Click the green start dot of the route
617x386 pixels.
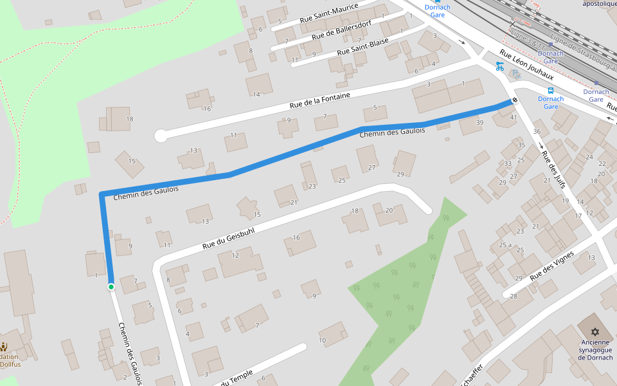click(x=111, y=287)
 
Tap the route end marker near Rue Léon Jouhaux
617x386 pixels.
click(x=515, y=100)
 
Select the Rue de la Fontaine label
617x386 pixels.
click(x=319, y=100)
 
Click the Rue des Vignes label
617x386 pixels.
click(x=551, y=266)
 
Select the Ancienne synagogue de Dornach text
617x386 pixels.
click(x=595, y=350)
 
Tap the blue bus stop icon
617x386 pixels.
click(x=550, y=90)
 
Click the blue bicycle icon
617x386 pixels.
click(x=499, y=66)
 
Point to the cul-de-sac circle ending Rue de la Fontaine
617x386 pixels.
click(x=161, y=136)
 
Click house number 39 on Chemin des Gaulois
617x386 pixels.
click(x=479, y=122)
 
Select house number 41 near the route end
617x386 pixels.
click(x=513, y=118)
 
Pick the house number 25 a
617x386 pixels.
click(x=505, y=245)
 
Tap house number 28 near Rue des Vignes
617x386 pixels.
click(x=514, y=296)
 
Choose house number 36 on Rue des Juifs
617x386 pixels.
click(x=537, y=132)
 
